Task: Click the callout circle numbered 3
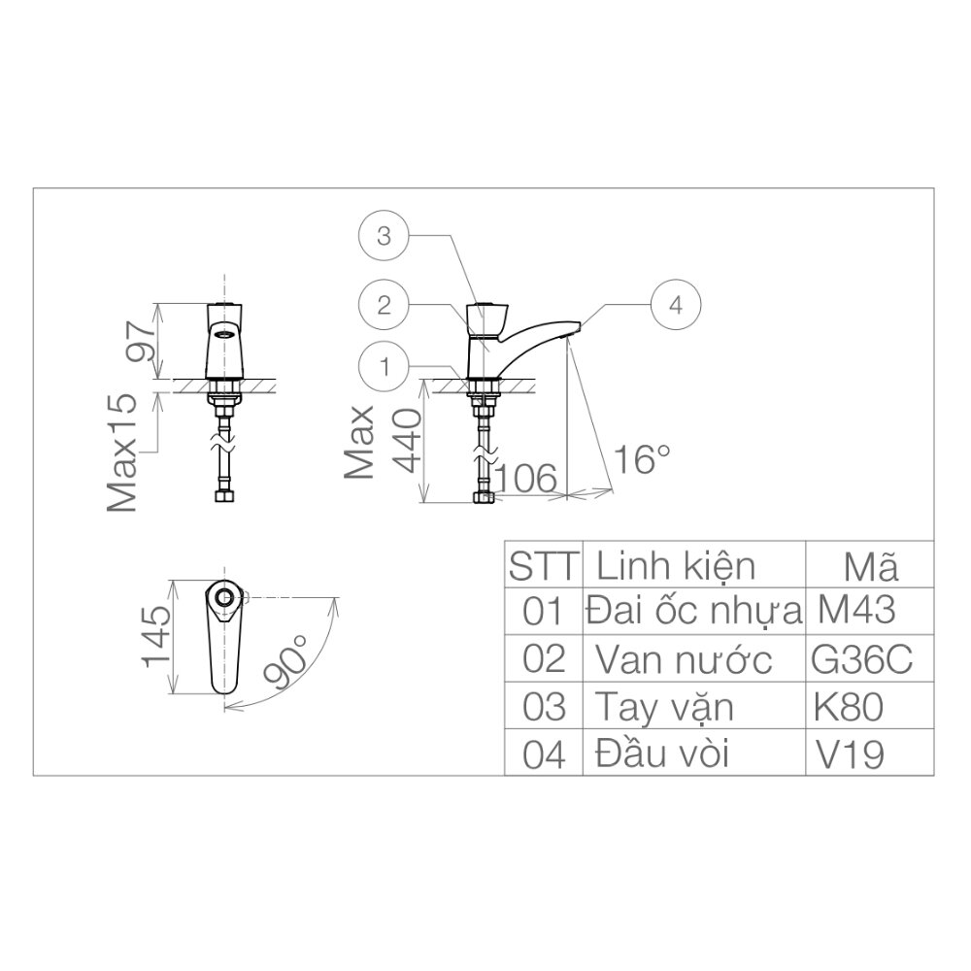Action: point(385,235)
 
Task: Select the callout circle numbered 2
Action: point(385,304)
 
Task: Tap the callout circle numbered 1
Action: point(385,367)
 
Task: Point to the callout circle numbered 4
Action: point(676,304)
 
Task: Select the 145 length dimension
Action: point(157,637)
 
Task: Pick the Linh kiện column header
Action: point(675,564)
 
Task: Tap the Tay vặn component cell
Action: point(665,708)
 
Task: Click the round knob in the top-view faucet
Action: point(224,596)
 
